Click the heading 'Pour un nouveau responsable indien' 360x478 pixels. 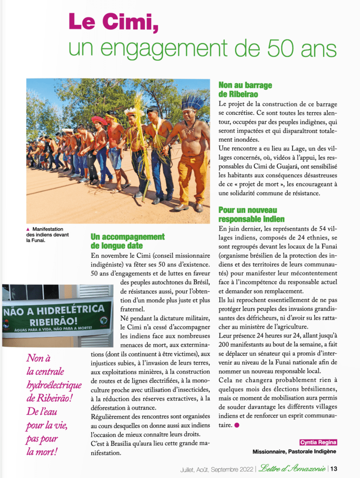pyautogui.click(x=251, y=215)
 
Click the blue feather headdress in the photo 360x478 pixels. pyautogui.click(x=192, y=101)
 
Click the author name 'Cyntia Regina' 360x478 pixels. pyautogui.click(x=318, y=443)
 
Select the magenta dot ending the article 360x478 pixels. pyautogui.click(x=236, y=425)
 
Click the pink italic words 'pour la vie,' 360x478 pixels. pyautogui.click(x=47, y=425)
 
